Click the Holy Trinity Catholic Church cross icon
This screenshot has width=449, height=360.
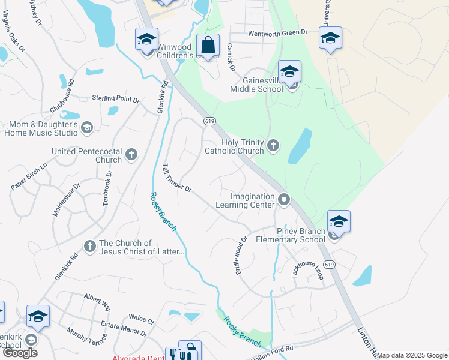[273, 145]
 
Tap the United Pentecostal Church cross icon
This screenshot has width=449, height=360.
[132, 155]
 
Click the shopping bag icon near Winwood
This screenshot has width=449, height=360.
[208, 46]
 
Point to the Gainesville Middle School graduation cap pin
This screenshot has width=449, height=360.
[289, 72]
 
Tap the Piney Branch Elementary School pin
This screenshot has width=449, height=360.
[339, 222]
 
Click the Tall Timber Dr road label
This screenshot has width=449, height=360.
[176, 178]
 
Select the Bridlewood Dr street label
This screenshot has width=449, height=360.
[241, 255]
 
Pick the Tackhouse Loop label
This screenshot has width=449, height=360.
[306, 265]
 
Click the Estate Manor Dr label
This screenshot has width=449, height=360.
[124, 329]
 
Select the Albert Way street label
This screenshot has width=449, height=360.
[97, 302]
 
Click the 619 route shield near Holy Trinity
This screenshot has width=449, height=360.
[209, 121]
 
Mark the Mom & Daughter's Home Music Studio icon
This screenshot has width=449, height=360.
[87, 127]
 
